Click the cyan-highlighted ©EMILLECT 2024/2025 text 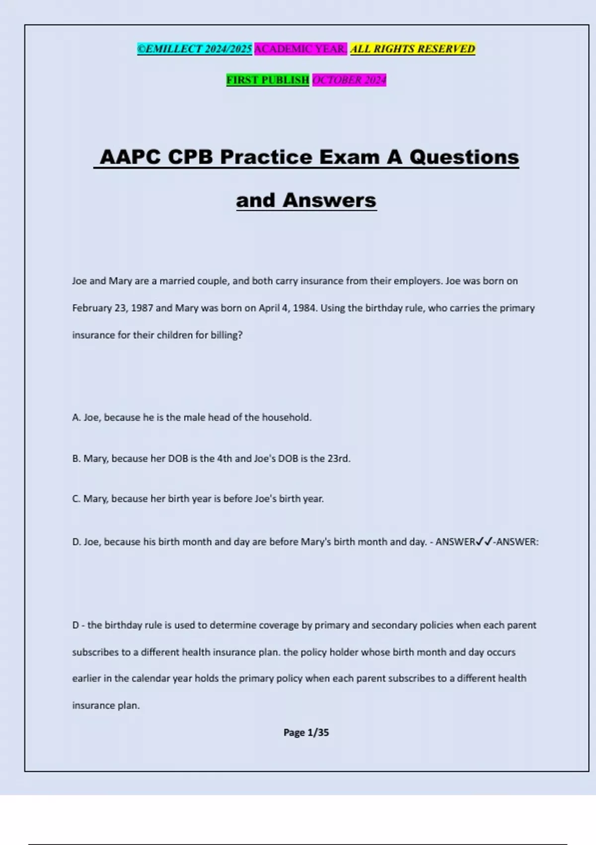pyautogui.click(x=195, y=49)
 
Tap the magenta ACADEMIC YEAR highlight pyautogui.click(x=300, y=49)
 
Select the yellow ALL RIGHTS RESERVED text pyautogui.click(x=413, y=49)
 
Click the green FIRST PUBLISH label pyautogui.click(x=268, y=80)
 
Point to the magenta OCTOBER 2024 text pyautogui.click(x=349, y=80)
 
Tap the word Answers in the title pyautogui.click(x=329, y=200)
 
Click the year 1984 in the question pyautogui.click(x=304, y=308)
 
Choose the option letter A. pyautogui.click(x=76, y=418)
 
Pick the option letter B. pyautogui.click(x=76, y=458)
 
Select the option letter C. pyautogui.click(x=76, y=499)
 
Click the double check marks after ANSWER pyautogui.click(x=484, y=542)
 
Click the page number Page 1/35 pyautogui.click(x=306, y=732)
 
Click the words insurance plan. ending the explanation pyautogui.click(x=106, y=705)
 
